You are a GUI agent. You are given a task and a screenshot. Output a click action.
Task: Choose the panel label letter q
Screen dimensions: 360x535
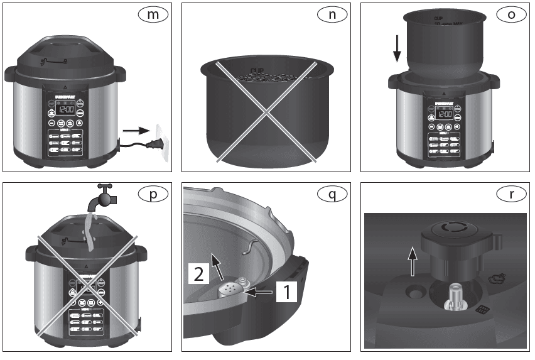pos(330,194)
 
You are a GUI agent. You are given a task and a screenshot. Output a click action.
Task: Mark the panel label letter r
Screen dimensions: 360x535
pos(511,194)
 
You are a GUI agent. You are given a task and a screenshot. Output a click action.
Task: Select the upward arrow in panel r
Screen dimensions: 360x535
pos(411,261)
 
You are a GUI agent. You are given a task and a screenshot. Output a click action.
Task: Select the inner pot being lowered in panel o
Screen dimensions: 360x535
pos(445,41)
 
